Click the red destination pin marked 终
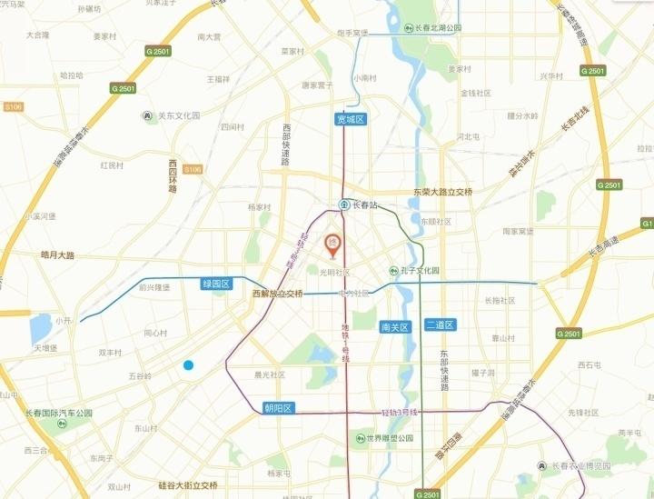click(332, 244)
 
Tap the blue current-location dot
click(188, 365)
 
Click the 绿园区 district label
click(217, 284)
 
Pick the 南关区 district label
click(397, 325)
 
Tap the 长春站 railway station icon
click(344, 205)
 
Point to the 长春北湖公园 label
click(435, 28)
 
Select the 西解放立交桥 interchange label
click(277, 294)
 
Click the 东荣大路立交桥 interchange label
click(443, 192)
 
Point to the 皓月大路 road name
click(57, 255)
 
